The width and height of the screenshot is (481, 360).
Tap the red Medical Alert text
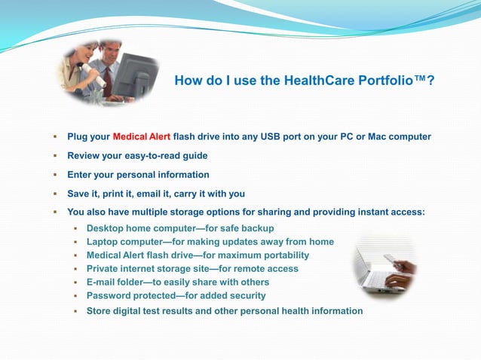click(142, 137)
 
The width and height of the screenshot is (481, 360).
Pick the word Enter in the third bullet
click(80, 175)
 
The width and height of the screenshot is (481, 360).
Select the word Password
click(110, 296)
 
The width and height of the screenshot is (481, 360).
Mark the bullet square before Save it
click(55, 194)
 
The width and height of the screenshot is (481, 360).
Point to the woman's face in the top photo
click(81, 54)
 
